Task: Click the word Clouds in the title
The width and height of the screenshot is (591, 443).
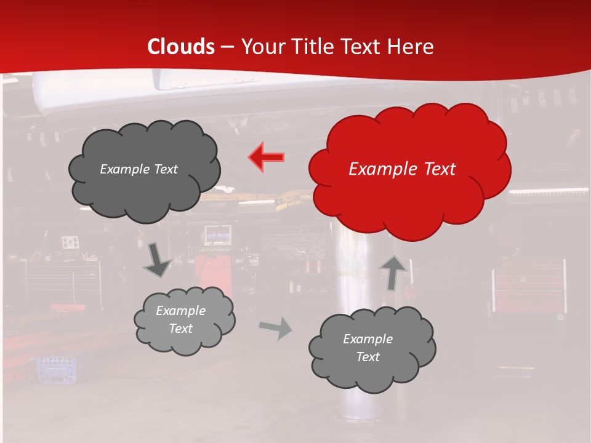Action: point(181,47)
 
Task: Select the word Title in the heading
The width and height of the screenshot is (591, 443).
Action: point(312,47)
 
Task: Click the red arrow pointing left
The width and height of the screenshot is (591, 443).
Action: point(267,157)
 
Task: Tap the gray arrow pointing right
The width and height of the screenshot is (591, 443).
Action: point(276,329)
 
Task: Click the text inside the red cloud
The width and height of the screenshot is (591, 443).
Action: point(402,169)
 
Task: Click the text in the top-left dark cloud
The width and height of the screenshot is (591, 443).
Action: point(139,169)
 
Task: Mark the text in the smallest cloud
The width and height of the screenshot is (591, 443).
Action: point(181,319)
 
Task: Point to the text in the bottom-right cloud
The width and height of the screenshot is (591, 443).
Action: point(368,348)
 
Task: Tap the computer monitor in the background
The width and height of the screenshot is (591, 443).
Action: point(218,234)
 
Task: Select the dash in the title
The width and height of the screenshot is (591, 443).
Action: point(226,47)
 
